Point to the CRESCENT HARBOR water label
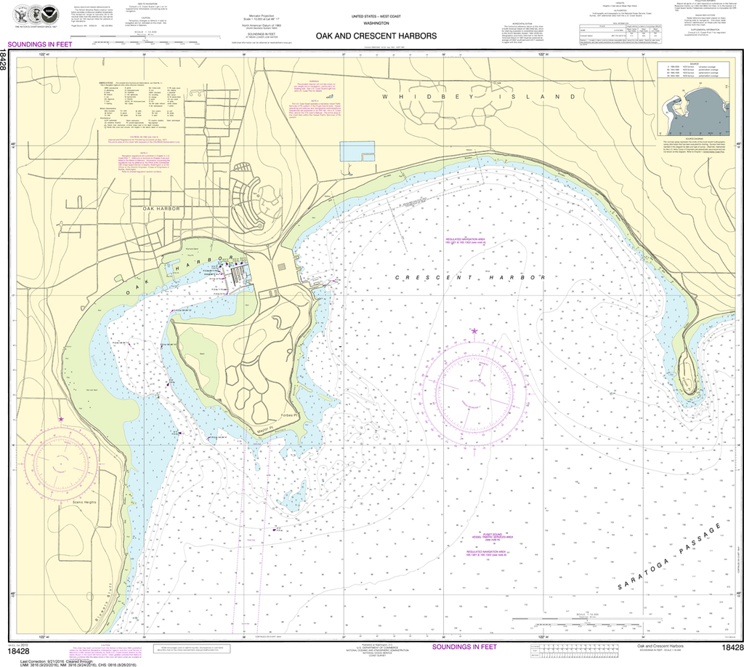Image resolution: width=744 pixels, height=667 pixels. [x=469, y=278]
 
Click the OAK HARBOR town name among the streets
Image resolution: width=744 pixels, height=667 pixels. [x=161, y=209]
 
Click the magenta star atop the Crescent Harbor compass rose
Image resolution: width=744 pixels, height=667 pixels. [x=474, y=332]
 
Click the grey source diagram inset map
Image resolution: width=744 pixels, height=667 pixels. [x=692, y=110]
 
